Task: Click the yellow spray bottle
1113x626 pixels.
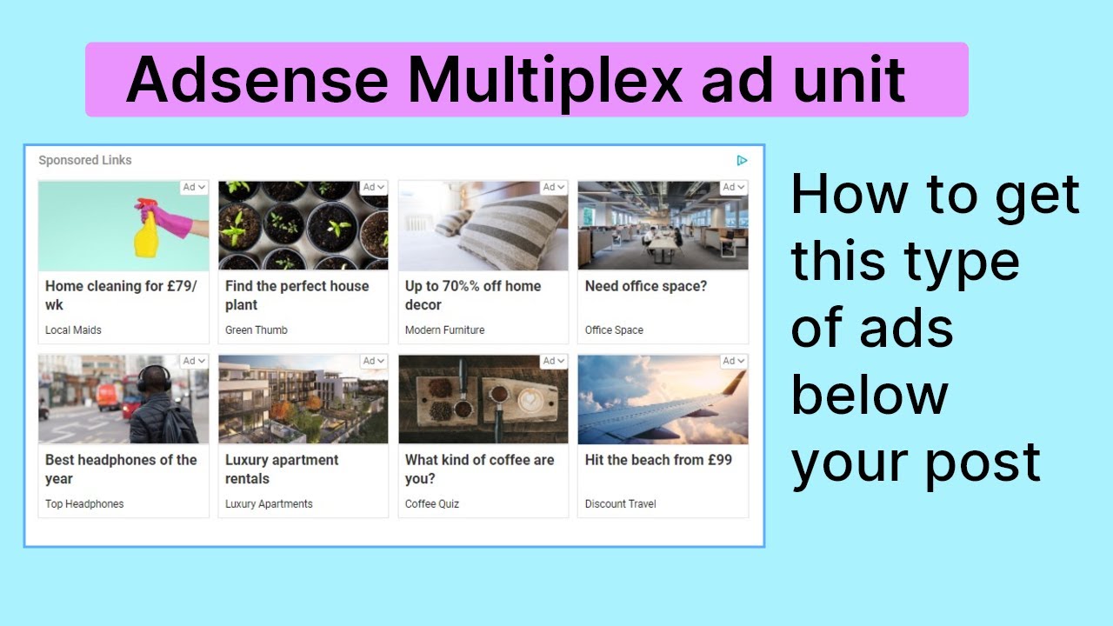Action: pyautogui.click(x=147, y=230)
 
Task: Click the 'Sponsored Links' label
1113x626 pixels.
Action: pyautogui.click(x=85, y=160)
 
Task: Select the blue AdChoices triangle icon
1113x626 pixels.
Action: pyautogui.click(x=742, y=160)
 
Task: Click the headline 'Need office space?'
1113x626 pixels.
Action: pyautogui.click(x=646, y=286)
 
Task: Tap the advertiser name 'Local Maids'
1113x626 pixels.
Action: pyautogui.click(x=73, y=330)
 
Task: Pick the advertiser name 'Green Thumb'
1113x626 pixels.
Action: pyautogui.click(x=256, y=330)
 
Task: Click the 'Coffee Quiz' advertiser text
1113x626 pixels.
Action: pyautogui.click(x=432, y=504)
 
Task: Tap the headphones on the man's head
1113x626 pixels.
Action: pyautogui.click(x=154, y=376)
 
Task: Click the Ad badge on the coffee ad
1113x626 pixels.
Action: pyautogui.click(x=554, y=361)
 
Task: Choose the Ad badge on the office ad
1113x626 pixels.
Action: pyautogui.click(x=734, y=187)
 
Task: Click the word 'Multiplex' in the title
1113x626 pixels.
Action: pyautogui.click(x=545, y=81)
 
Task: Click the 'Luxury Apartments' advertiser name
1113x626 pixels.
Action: pyautogui.click(x=269, y=504)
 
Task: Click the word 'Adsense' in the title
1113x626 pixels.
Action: pyautogui.click(x=257, y=81)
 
